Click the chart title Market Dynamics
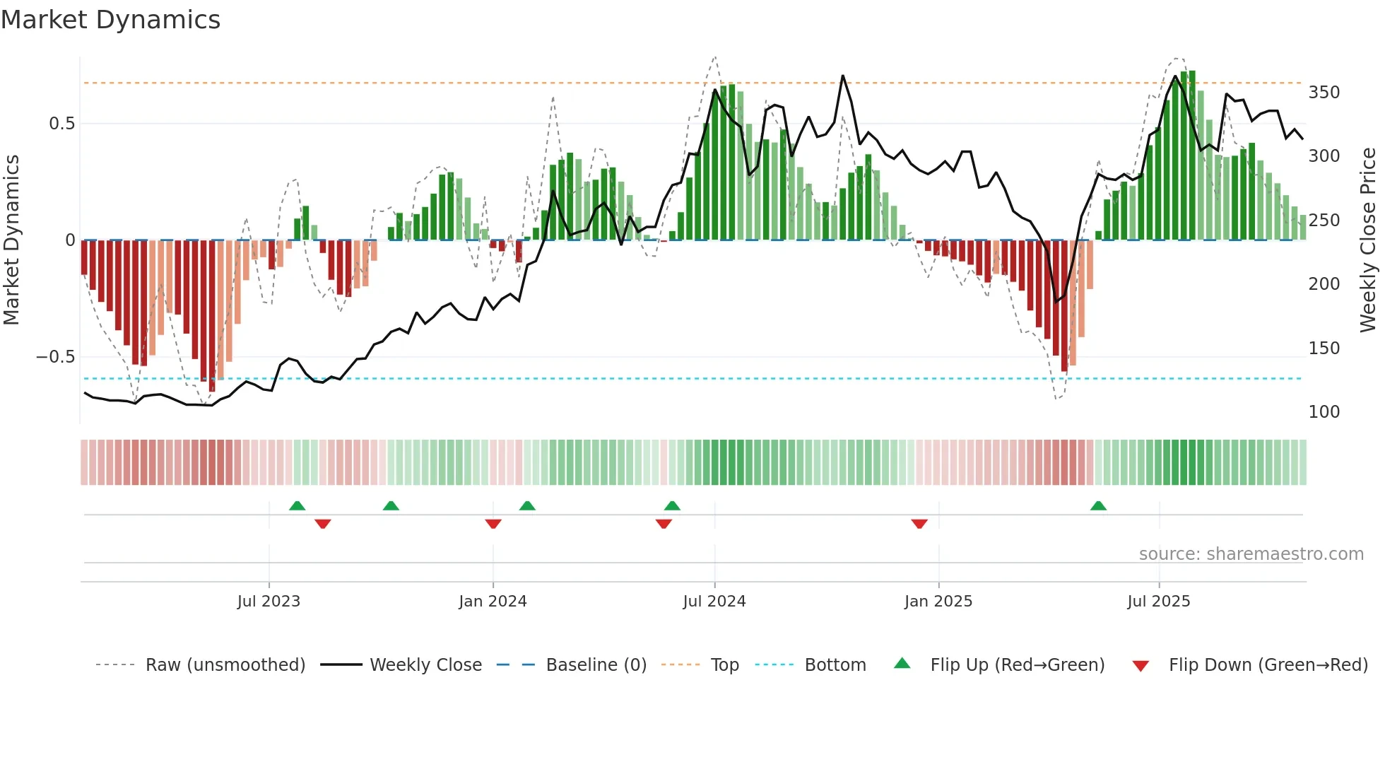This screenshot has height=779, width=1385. [x=111, y=20]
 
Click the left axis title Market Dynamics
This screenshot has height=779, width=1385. [x=12, y=240]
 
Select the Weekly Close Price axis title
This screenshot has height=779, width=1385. [x=1368, y=240]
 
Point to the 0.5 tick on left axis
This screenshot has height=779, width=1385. [x=61, y=124]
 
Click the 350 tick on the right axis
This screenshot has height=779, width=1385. [x=1324, y=93]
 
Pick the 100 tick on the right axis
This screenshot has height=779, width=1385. [x=1324, y=412]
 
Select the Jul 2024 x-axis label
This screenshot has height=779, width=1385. [x=714, y=602]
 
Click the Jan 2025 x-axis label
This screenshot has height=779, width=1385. [x=938, y=602]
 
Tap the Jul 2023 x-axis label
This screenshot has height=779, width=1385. [x=269, y=602]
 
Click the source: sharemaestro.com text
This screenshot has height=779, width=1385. [x=1251, y=554]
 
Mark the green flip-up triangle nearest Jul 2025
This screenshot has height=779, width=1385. [x=1097, y=506]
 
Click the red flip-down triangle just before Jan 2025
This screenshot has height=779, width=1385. [x=919, y=524]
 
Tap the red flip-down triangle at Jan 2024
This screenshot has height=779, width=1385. [x=493, y=524]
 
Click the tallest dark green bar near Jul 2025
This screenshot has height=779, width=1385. [x=1192, y=156]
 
